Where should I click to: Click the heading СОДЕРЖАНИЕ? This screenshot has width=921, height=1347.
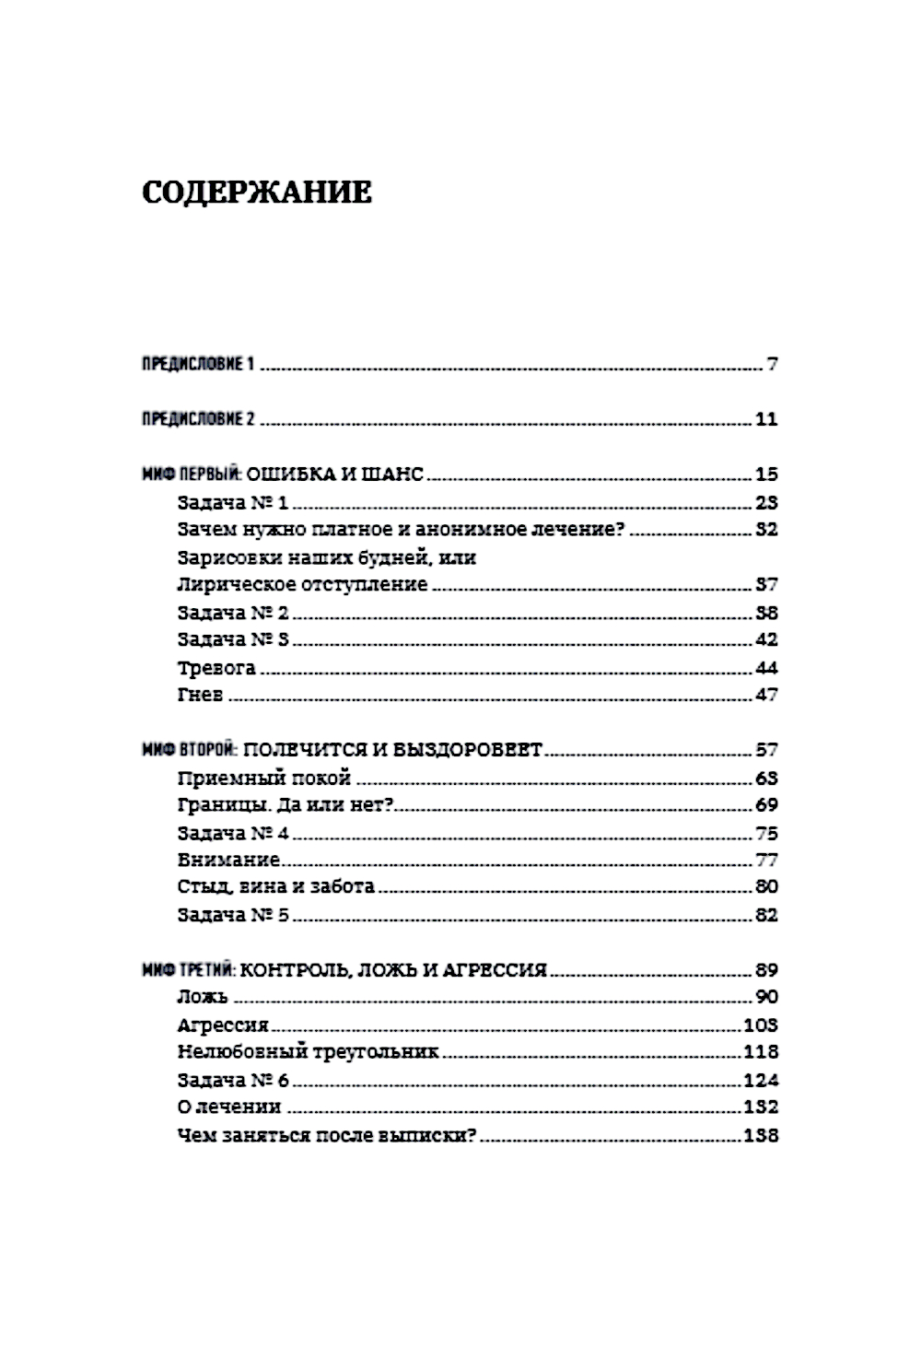coord(257,193)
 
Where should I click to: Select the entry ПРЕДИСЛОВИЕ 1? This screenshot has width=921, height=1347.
coord(197,364)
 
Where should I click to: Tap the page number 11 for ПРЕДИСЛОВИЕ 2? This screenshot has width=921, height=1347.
coord(766,419)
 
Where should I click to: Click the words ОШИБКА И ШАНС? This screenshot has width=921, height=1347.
coord(335,474)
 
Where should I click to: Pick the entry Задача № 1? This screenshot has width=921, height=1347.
coord(232,502)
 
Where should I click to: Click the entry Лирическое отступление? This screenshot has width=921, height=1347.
coord(301,584)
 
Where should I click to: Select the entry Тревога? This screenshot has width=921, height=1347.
coord(216,667)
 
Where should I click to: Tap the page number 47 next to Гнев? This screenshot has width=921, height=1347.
coord(766,695)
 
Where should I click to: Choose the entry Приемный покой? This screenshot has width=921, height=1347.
coord(263,778)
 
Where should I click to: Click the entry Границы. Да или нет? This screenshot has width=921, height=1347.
coord(285,804)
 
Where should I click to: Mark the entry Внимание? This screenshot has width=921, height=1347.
coord(227,860)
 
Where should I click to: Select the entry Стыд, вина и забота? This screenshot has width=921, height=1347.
coord(275,886)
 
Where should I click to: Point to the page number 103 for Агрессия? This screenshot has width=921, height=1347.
coord(760,1025)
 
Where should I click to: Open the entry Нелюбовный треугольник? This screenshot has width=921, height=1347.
coord(307,1051)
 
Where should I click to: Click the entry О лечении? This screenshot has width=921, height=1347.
coord(228,1107)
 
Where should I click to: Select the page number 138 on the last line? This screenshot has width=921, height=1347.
coord(760,1135)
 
